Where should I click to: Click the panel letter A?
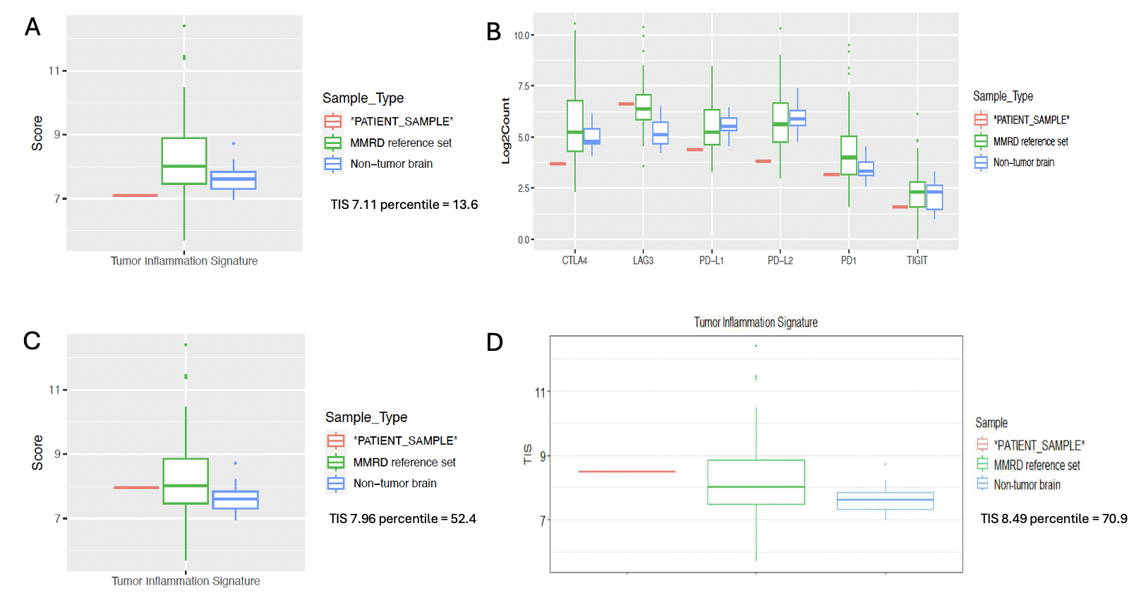tap(32, 27)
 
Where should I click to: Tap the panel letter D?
tap(495, 342)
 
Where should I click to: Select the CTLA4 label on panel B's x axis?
tap(574, 260)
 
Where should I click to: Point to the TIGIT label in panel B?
tap(917, 260)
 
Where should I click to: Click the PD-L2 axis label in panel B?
tap(780, 260)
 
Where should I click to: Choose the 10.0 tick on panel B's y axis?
tap(521, 35)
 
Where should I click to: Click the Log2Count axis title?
tap(505, 131)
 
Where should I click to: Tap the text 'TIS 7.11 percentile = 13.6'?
tap(404, 205)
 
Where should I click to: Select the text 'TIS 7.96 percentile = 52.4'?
tap(402, 519)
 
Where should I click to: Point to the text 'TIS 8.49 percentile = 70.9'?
tap(1054, 519)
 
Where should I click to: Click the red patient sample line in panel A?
tap(135, 196)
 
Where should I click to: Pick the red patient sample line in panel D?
tap(627, 472)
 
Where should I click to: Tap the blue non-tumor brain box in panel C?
tap(235, 500)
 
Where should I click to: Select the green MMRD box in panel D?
tap(756, 482)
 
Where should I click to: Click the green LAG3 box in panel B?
tap(643, 107)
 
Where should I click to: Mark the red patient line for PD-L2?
tap(763, 162)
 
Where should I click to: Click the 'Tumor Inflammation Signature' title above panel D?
tap(755, 323)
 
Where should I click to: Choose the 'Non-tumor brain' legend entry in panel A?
tap(391, 164)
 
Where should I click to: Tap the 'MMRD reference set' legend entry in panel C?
tap(404, 462)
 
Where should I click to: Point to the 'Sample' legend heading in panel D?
tap(991, 423)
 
